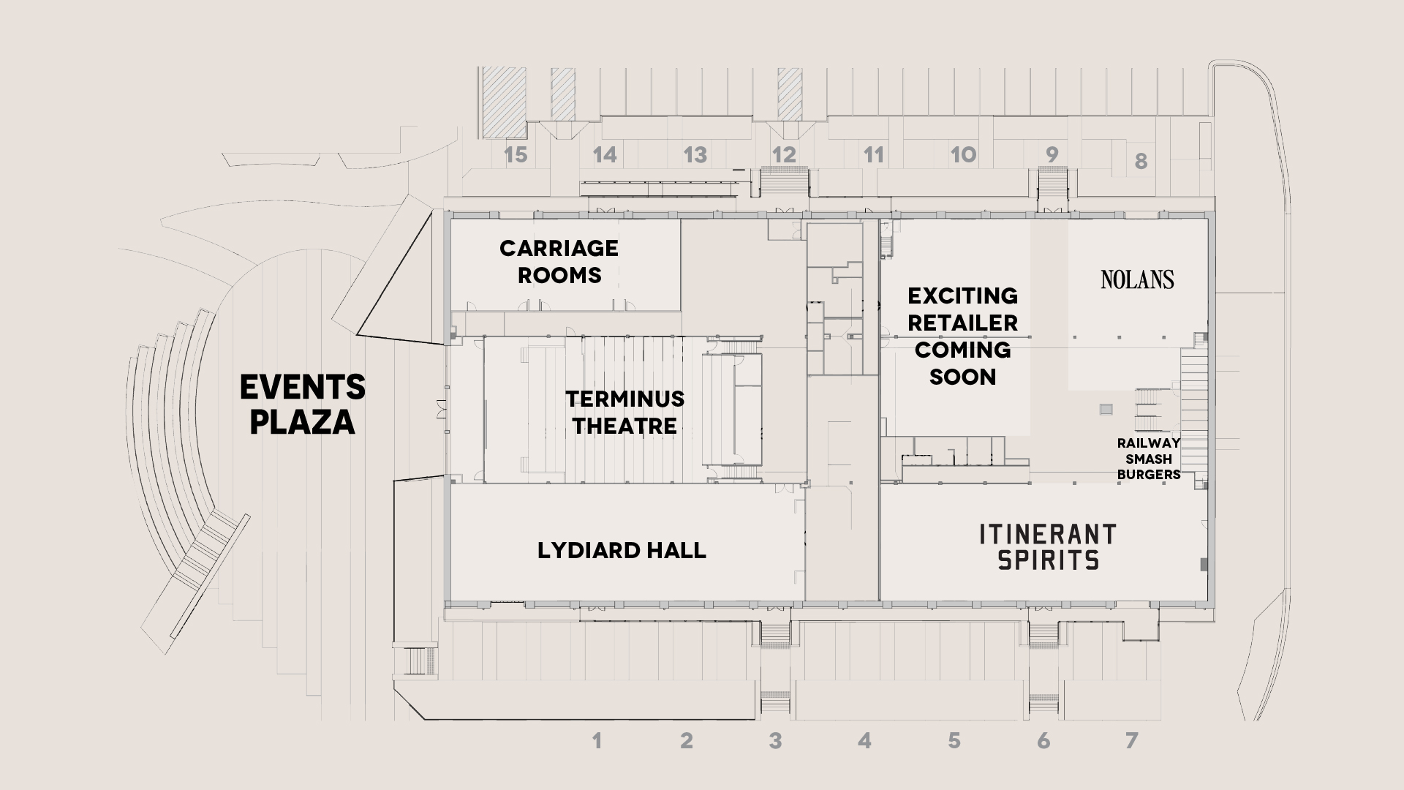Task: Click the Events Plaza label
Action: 303,405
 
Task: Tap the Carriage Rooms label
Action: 559,261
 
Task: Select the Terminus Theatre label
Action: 624,412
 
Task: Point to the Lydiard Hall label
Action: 622,550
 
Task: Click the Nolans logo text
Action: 1137,279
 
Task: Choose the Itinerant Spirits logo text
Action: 1048,546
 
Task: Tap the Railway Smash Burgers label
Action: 1148,459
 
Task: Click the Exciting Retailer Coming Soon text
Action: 962,336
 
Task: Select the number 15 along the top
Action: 516,154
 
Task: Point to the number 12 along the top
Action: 784,154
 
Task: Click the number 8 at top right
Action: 1141,161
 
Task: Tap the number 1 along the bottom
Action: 597,741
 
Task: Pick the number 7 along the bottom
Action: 1132,741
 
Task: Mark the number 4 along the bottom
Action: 864,741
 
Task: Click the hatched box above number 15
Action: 505,102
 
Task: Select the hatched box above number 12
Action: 790,94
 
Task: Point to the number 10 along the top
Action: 963,154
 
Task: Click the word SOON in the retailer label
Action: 962,377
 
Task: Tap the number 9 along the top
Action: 1052,154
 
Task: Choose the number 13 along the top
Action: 695,154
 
